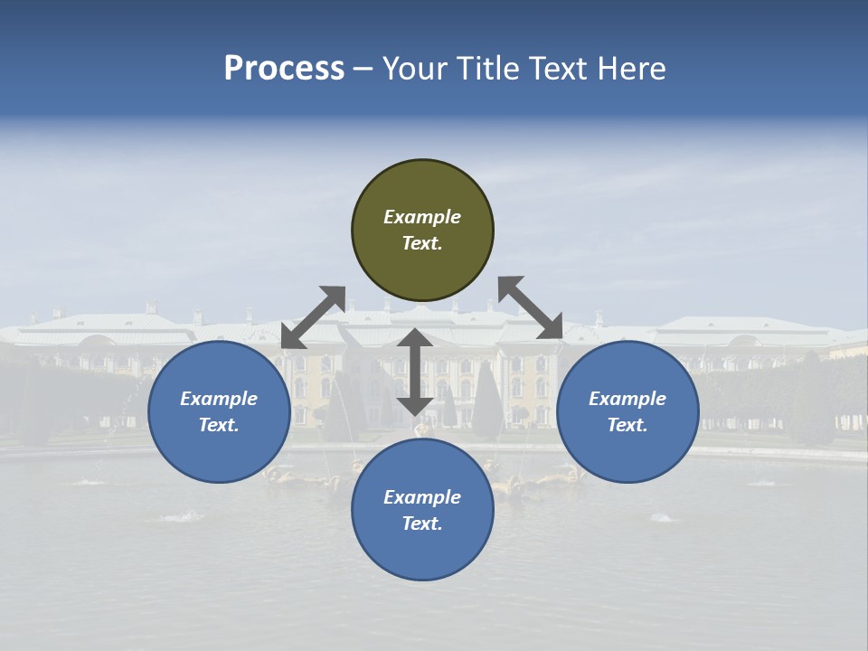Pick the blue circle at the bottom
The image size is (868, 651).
(422, 552)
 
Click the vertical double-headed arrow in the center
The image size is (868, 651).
(415, 372)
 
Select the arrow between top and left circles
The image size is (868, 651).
(313, 317)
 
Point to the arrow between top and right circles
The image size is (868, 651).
(531, 307)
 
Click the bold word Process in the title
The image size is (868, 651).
(284, 69)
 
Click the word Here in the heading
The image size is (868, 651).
(632, 69)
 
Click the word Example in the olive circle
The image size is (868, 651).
(422, 217)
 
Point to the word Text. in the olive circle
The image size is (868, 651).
(422, 243)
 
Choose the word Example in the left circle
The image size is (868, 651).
(219, 399)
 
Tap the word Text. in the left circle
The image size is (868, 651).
(219, 425)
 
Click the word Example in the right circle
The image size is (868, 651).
(627, 399)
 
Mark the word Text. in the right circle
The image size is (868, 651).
(627, 425)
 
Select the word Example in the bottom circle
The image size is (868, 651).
(422, 497)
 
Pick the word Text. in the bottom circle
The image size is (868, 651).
(422, 524)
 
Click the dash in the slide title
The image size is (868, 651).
(363, 69)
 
